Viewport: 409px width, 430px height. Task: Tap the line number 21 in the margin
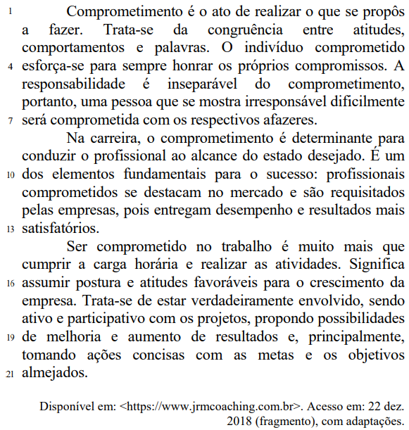point(10,374)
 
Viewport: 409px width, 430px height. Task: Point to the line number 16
point(10,284)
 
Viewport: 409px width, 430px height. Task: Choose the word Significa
point(372,265)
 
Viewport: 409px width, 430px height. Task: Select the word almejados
point(55,373)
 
